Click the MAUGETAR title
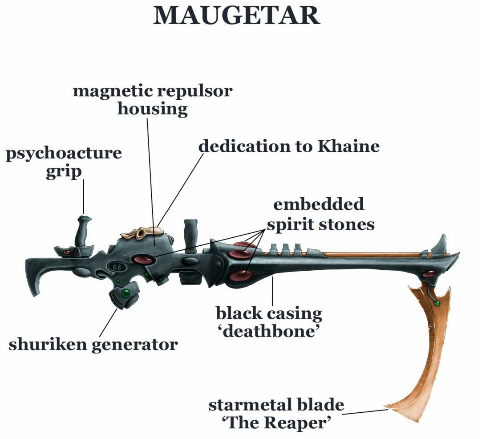236,16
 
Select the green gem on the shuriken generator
127,293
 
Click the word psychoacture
64,154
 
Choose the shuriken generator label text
93,344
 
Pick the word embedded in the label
318,204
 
